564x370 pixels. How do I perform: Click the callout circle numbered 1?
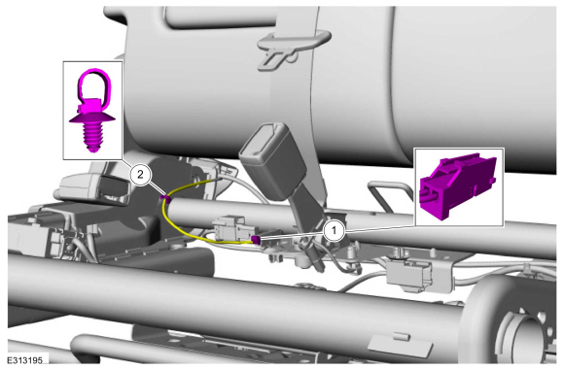click(x=334, y=230)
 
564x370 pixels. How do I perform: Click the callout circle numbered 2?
click(x=140, y=175)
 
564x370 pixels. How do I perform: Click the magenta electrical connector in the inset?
click(x=458, y=185)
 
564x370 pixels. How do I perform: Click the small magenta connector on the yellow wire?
click(x=256, y=239)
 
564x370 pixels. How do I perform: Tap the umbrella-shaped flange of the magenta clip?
click(x=92, y=118)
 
